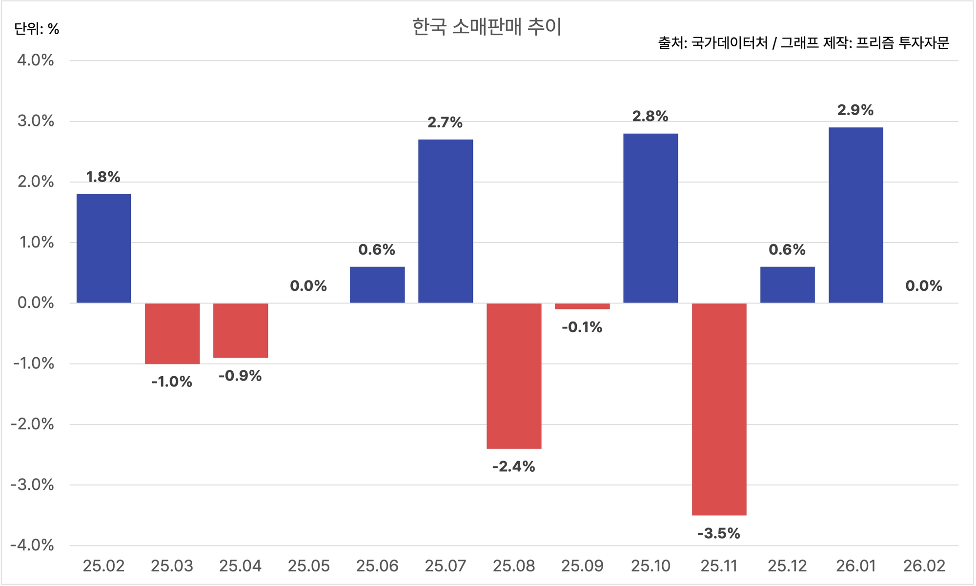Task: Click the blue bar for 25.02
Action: coord(103,248)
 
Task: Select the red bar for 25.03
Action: coord(172,333)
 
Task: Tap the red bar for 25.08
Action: coord(514,376)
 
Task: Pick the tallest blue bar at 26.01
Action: coord(855,215)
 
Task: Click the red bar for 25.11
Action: coord(719,409)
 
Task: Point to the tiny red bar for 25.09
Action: coord(582,306)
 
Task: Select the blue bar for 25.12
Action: coord(787,284)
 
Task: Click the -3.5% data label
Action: coord(718,533)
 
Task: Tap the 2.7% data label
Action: coord(445,122)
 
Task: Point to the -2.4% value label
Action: coord(513,467)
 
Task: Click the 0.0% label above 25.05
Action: coord(308,286)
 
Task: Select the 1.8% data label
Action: coord(103,177)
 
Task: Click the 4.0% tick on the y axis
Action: coord(36,61)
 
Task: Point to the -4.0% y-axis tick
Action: coord(32,545)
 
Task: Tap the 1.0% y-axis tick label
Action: coord(36,242)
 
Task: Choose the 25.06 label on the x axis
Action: coord(377,566)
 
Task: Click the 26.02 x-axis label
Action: coord(924,566)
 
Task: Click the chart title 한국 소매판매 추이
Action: coord(487,27)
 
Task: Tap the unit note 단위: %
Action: coord(37,29)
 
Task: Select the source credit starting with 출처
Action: coord(803,43)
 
